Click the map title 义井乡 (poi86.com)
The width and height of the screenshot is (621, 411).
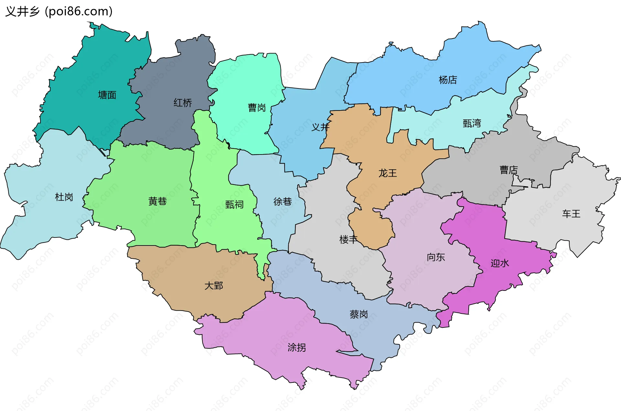[59, 11]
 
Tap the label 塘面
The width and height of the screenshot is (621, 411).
[107, 95]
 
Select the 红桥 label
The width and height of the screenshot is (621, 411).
[182, 103]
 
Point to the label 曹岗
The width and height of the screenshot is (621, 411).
[257, 108]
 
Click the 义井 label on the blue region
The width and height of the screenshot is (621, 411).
[320, 127]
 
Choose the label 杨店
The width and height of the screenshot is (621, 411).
[448, 80]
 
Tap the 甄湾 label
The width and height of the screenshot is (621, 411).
[472, 123]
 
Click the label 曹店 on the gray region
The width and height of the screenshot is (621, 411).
[508, 170]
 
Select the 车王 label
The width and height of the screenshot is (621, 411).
[571, 214]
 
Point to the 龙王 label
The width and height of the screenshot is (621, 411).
[387, 173]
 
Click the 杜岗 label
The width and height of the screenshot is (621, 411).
[64, 197]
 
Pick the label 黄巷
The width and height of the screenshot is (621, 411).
[158, 201]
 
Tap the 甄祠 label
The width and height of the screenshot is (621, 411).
[234, 205]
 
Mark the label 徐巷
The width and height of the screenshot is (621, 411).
[282, 202]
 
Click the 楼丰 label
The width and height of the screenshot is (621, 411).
[348, 240]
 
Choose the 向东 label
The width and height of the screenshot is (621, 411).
[436, 257]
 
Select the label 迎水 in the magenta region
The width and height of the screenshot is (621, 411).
[500, 263]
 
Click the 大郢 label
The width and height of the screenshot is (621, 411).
[214, 286]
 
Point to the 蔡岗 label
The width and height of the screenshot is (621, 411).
[359, 314]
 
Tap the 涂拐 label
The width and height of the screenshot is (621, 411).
[297, 348]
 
